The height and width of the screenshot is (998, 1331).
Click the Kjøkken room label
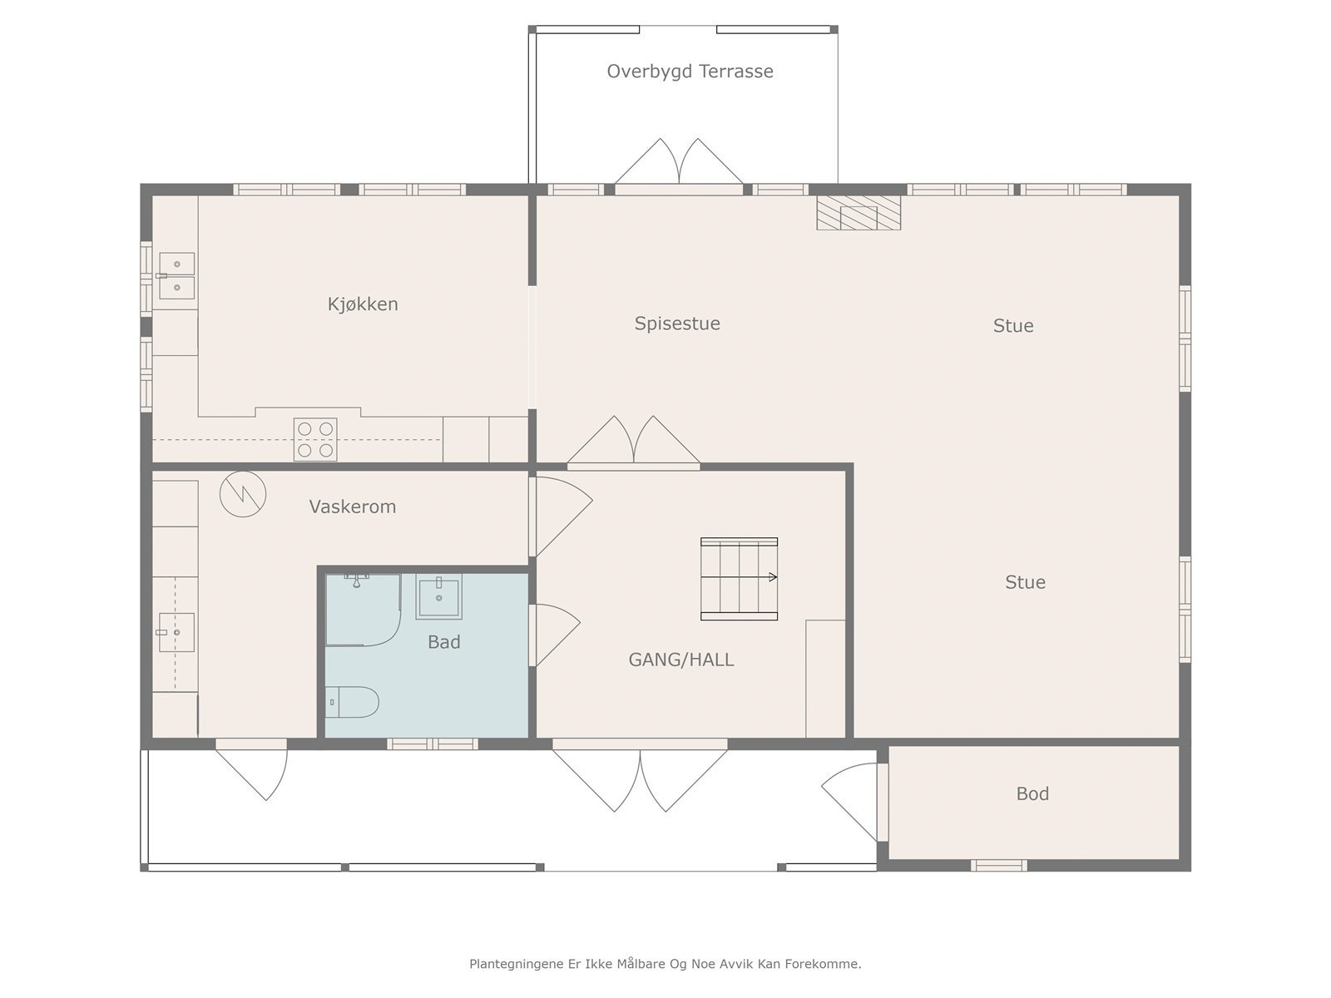click(363, 304)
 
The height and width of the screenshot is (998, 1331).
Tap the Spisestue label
click(677, 324)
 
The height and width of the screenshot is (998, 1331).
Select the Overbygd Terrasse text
click(690, 72)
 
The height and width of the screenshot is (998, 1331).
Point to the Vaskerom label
click(353, 506)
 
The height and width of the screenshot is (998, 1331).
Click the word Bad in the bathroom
click(444, 642)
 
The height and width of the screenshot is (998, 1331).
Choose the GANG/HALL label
click(681, 660)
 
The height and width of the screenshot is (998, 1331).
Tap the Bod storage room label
click(1032, 793)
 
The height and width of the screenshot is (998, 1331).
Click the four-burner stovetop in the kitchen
click(315, 439)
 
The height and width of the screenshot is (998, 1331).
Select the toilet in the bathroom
click(352, 702)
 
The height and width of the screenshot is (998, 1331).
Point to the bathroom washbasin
click(438, 597)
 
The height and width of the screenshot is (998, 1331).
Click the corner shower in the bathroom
click(364, 610)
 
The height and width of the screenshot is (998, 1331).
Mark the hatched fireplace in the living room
click(858, 213)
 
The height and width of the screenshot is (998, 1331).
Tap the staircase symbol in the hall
click(740, 579)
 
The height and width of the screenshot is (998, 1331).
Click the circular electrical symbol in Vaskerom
click(243, 495)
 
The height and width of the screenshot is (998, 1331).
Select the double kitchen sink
click(176, 276)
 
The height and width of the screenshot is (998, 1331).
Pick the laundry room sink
click(176, 633)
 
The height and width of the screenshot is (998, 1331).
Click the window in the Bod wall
click(999, 866)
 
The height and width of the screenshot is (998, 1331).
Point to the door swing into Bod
click(850, 802)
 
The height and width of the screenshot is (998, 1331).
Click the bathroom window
click(433, 744)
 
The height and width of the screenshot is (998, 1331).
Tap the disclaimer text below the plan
click(665, 964)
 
